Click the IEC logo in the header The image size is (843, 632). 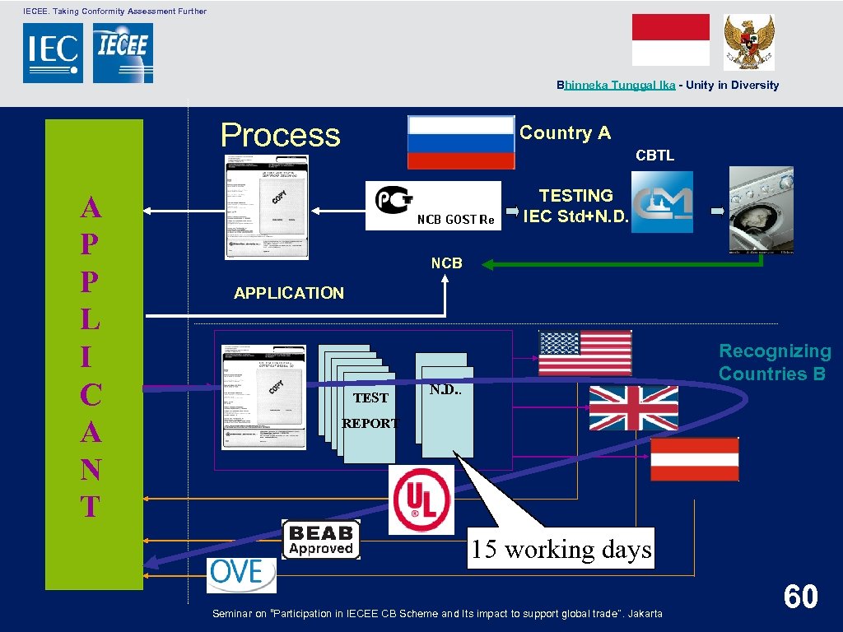tap(53, 53)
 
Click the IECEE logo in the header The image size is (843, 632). tap(123, 53)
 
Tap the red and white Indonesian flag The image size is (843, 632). tap(670, 39)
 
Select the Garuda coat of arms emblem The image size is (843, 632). tap(748, 41)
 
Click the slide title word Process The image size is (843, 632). tap(280, 135)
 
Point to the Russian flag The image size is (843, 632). tap(461, 142)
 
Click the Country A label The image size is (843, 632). tap(565, 133)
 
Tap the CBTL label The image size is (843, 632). tap(654, 156)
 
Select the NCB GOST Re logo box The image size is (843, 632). tap(433, 205)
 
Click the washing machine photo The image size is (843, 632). tap(762, 209)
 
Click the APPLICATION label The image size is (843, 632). tap(289, 293)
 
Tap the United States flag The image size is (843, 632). tap(585, 353)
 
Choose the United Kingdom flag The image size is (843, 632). tap(633, 408)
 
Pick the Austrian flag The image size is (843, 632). tap(694, 459)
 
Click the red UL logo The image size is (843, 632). tap(421, 500)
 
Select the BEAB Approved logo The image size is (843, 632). tap(321, 540)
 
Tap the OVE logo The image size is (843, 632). tap(241, 574)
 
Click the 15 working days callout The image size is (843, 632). tap(561, 549)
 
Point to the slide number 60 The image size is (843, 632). tap(800, 597)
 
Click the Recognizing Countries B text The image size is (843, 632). tap(774, 363)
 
